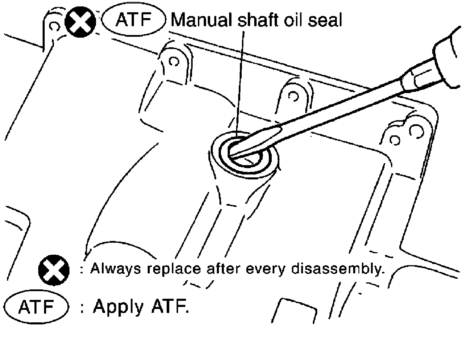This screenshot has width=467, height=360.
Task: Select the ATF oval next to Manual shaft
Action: (133, 20)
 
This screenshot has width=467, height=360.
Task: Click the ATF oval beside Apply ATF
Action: (36, 307)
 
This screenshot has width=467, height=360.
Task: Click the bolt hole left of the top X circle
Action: (53, 27)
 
